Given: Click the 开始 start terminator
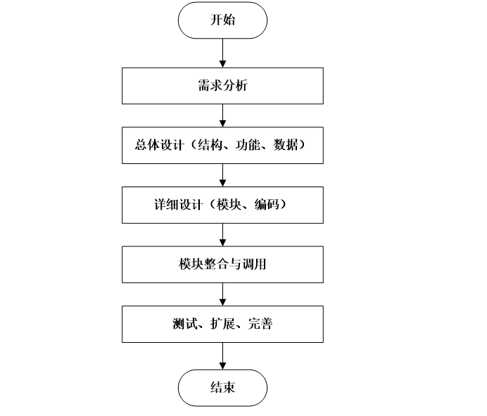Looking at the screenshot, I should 222,20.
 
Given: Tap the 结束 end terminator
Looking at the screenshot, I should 222,388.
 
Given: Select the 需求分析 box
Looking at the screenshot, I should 222,86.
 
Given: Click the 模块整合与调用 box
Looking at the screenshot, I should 222,265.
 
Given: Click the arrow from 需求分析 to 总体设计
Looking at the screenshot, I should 222,115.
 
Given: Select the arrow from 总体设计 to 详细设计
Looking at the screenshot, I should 222,175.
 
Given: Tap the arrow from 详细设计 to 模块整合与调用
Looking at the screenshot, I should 222,235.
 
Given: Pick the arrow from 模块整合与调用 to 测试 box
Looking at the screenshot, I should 222,294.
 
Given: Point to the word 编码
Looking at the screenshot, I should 260,205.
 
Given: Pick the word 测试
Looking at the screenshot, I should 182,324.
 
